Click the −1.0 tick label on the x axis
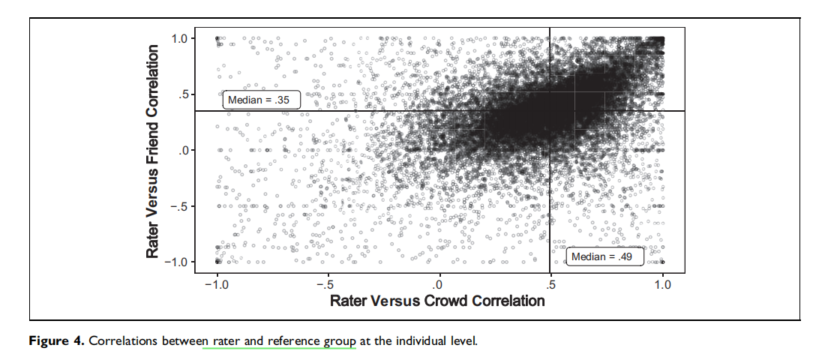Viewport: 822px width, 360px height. (x=217, y=284)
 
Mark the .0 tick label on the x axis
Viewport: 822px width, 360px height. (x=439, y=284)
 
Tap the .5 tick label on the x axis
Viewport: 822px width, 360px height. (x=550, y=284)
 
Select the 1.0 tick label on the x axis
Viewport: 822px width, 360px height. (x=662, y=284)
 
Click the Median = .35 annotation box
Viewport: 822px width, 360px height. (x=262, y=100)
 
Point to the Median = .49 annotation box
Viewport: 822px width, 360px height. (x=604, y=257)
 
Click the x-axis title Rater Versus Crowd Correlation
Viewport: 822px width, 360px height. (x=437, y=301)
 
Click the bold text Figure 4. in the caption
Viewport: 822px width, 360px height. (x=56, y=341)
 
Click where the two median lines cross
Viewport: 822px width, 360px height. (x=550, y=111)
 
